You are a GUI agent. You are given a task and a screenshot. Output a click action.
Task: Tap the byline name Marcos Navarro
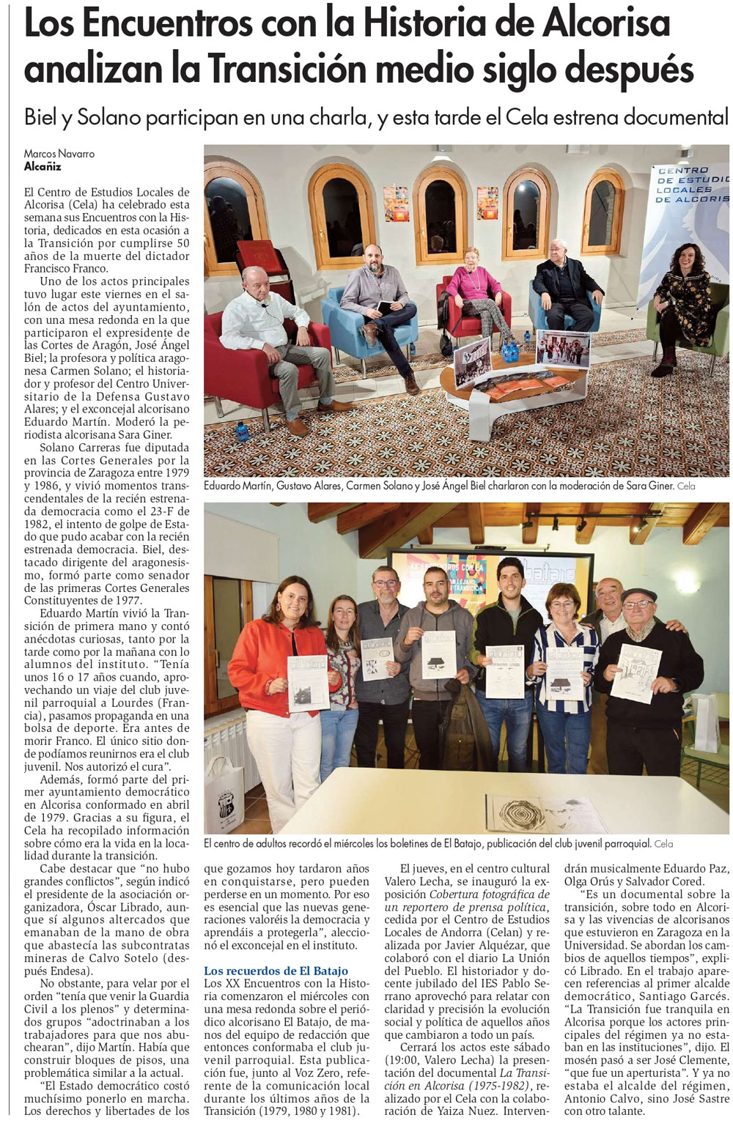click(59, 154)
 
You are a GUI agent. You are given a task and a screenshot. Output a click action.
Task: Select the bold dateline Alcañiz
click(43, 166)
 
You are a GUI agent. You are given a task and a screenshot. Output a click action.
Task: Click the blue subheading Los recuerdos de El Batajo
click(276, 971)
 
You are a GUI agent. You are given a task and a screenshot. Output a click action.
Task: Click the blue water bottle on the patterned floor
click(241, 430)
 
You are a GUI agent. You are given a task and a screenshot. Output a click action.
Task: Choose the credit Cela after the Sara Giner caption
click(686, 486)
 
